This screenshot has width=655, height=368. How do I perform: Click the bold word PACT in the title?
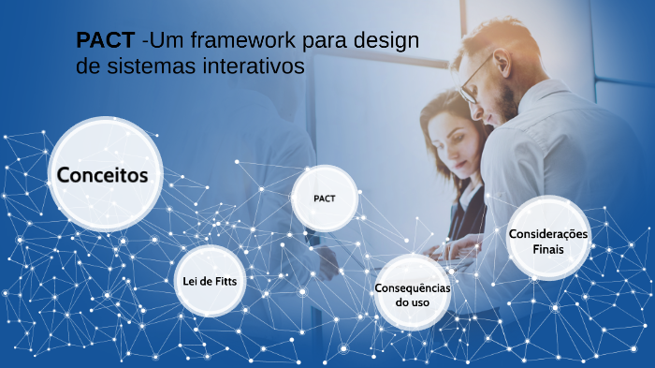click(x=105, y=42)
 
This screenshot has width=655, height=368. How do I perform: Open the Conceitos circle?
click(x=103, y=175)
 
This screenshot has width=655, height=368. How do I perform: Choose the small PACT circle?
click(x=326, y=199)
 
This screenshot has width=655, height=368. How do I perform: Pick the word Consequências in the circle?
click(x=412, y=287)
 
